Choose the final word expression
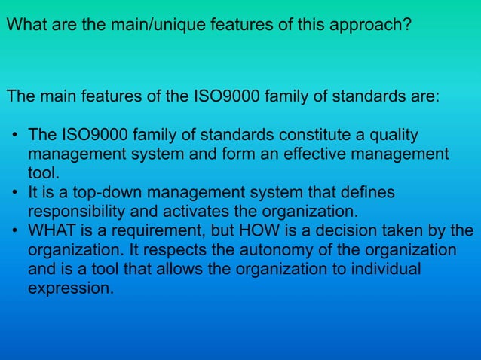70,288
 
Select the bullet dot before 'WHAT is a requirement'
15,230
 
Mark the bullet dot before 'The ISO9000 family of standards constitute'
15,136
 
